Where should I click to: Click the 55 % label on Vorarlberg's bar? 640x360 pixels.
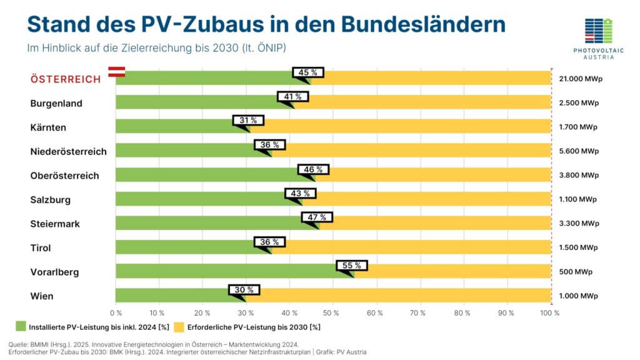click(x=352, y=266)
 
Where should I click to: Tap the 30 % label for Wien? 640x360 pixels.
click(x=244, y=290)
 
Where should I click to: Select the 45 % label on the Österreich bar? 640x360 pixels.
click(x=308, y=72)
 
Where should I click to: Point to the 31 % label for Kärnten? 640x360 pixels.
click(x=248, y=121)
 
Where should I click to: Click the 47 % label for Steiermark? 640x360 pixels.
click(x=317, y=217)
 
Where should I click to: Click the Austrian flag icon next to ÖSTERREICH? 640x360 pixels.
click(x=117, y=72)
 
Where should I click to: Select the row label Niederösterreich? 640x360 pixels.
click(x=68, y=151)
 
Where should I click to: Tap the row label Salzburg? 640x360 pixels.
click(x=50, y=200)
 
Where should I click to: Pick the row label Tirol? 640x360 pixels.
click(x=40, y=248)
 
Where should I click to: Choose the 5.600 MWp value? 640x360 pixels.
click(x=578, y=151)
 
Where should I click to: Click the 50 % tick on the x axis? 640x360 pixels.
click(x=332, y=312)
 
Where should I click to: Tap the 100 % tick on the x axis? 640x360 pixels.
click(x=549, y=312)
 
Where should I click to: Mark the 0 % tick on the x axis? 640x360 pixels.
click(x=116, y=312)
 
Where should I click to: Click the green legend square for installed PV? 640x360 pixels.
click(x=20, y=327)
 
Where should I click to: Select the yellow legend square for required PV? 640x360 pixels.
click(x=178, y=327)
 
